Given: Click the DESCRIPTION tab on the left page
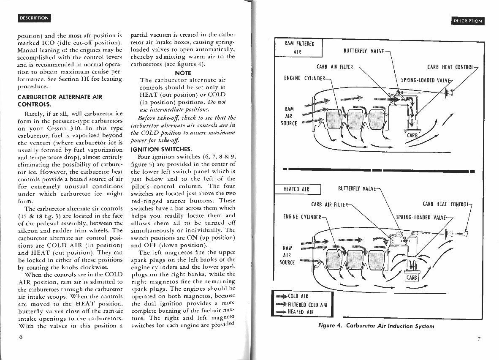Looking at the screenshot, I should pos(34,18).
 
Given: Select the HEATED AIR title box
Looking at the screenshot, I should pos(297,189).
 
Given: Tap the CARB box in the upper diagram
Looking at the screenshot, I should pos(412,136).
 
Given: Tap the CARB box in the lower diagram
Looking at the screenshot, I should pos(412,278).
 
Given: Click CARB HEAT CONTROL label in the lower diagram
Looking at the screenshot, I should pos(446,204).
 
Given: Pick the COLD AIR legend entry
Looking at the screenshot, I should pos(297,297).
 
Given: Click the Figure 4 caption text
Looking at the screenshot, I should pos(376,326).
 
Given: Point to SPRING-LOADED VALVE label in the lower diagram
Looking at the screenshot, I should pos(421,218).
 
